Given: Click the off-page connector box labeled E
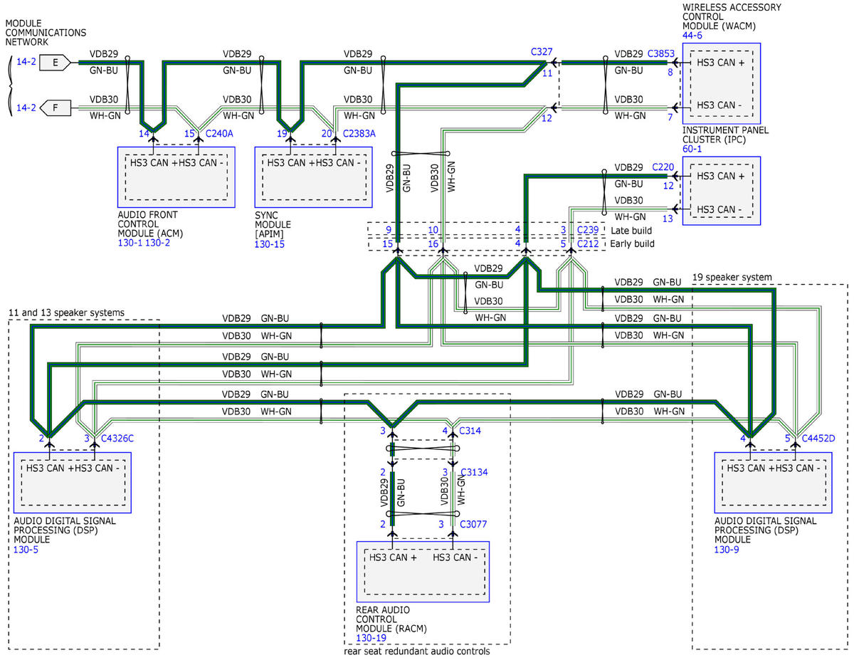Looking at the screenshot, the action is click(55, 63).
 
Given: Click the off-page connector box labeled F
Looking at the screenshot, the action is click(56, 108).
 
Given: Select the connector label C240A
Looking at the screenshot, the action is click(219, 134).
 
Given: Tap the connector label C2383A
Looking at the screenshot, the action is click(359, 134).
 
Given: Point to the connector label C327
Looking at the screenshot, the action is click(541, 52).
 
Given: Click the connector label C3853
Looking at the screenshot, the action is click(660, 53).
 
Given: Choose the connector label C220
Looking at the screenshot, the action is click(663, 167).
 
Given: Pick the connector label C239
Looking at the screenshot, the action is click(588, 230).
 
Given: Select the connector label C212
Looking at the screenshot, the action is click(588, 243).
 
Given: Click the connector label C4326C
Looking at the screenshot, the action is click(117, 439).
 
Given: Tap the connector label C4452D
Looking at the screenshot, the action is click(818, 439).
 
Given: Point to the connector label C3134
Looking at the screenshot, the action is click(474, 472).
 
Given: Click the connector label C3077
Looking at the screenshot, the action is click(473, 524).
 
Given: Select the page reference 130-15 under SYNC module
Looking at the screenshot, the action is click(269, 244).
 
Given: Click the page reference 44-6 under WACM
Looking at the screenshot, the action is click(692, 36).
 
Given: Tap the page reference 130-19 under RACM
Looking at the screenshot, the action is click(371, 638).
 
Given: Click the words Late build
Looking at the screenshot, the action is click(631, 231).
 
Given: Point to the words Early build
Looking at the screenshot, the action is click(632, 243).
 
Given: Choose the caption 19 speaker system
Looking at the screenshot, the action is click(732, 277).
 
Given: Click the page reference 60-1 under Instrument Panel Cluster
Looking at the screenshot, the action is click(692, 149).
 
